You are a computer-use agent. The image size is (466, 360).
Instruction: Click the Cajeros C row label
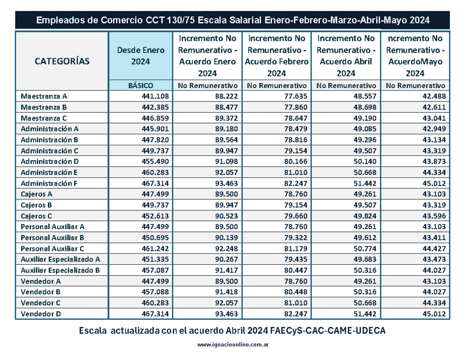(37, 216)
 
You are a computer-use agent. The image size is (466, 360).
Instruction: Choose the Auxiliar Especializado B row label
(61, 270)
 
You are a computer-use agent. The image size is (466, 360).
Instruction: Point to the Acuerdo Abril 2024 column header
(346, 56)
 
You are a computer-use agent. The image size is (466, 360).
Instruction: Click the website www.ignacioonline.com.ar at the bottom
(233, 344)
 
